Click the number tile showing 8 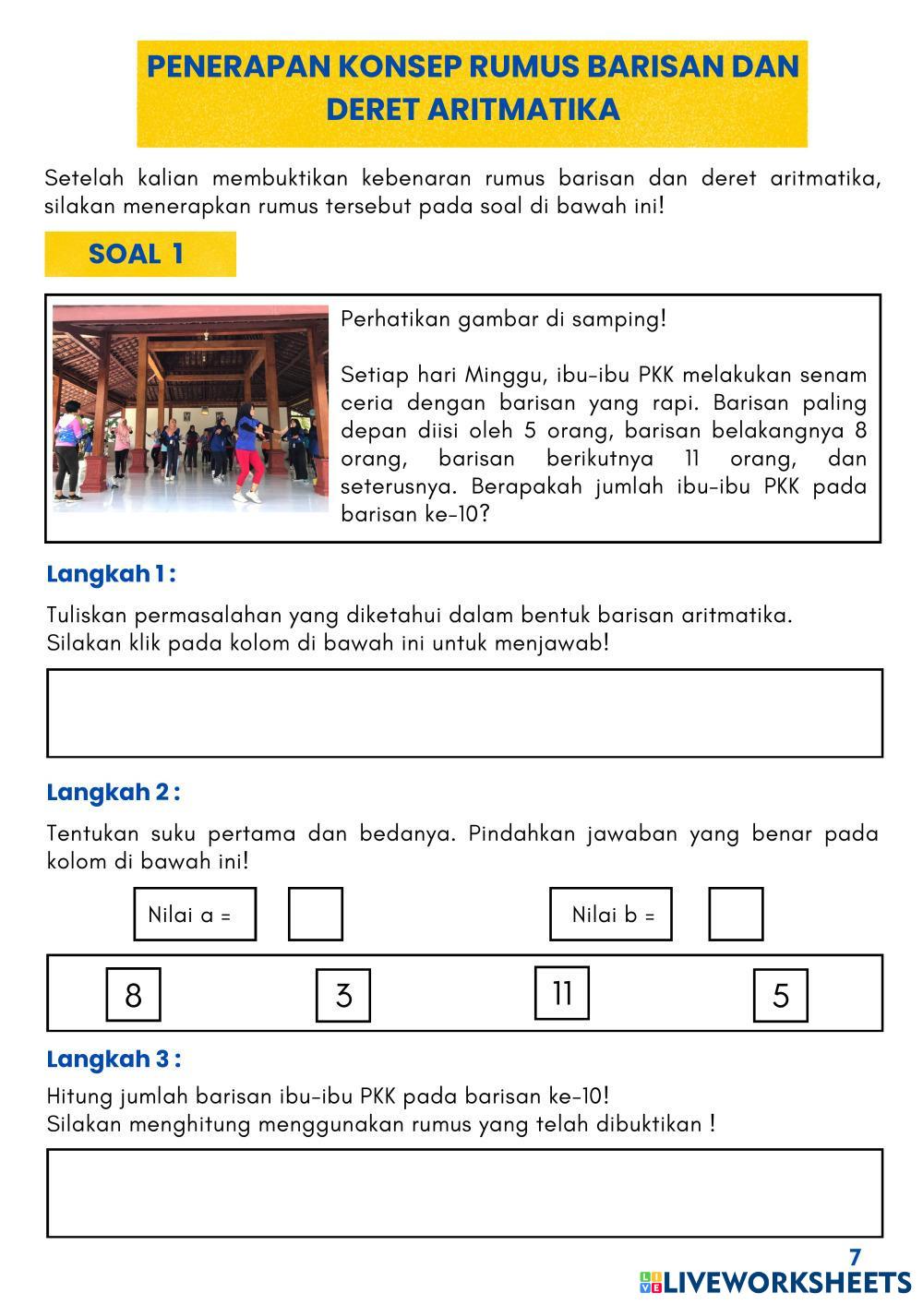coord(133,995)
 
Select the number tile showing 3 coord(343,996)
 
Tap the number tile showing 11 coord(562,993)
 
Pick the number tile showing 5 coord(781,996)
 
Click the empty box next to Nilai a coord(316,915)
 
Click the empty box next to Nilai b coord(736,915)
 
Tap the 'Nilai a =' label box coord(195,915)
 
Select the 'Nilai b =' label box coord(611,915)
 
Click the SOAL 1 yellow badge coord(139,254)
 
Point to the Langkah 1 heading coord(111,574)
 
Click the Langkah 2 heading coord(113,793)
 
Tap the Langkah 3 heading coord(114,1059)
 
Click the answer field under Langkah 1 coord(464,713)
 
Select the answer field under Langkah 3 coord(464,1192)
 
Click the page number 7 coord(855,1257)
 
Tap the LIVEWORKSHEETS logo coord(775,1282)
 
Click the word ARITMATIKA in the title coord(523,109)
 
